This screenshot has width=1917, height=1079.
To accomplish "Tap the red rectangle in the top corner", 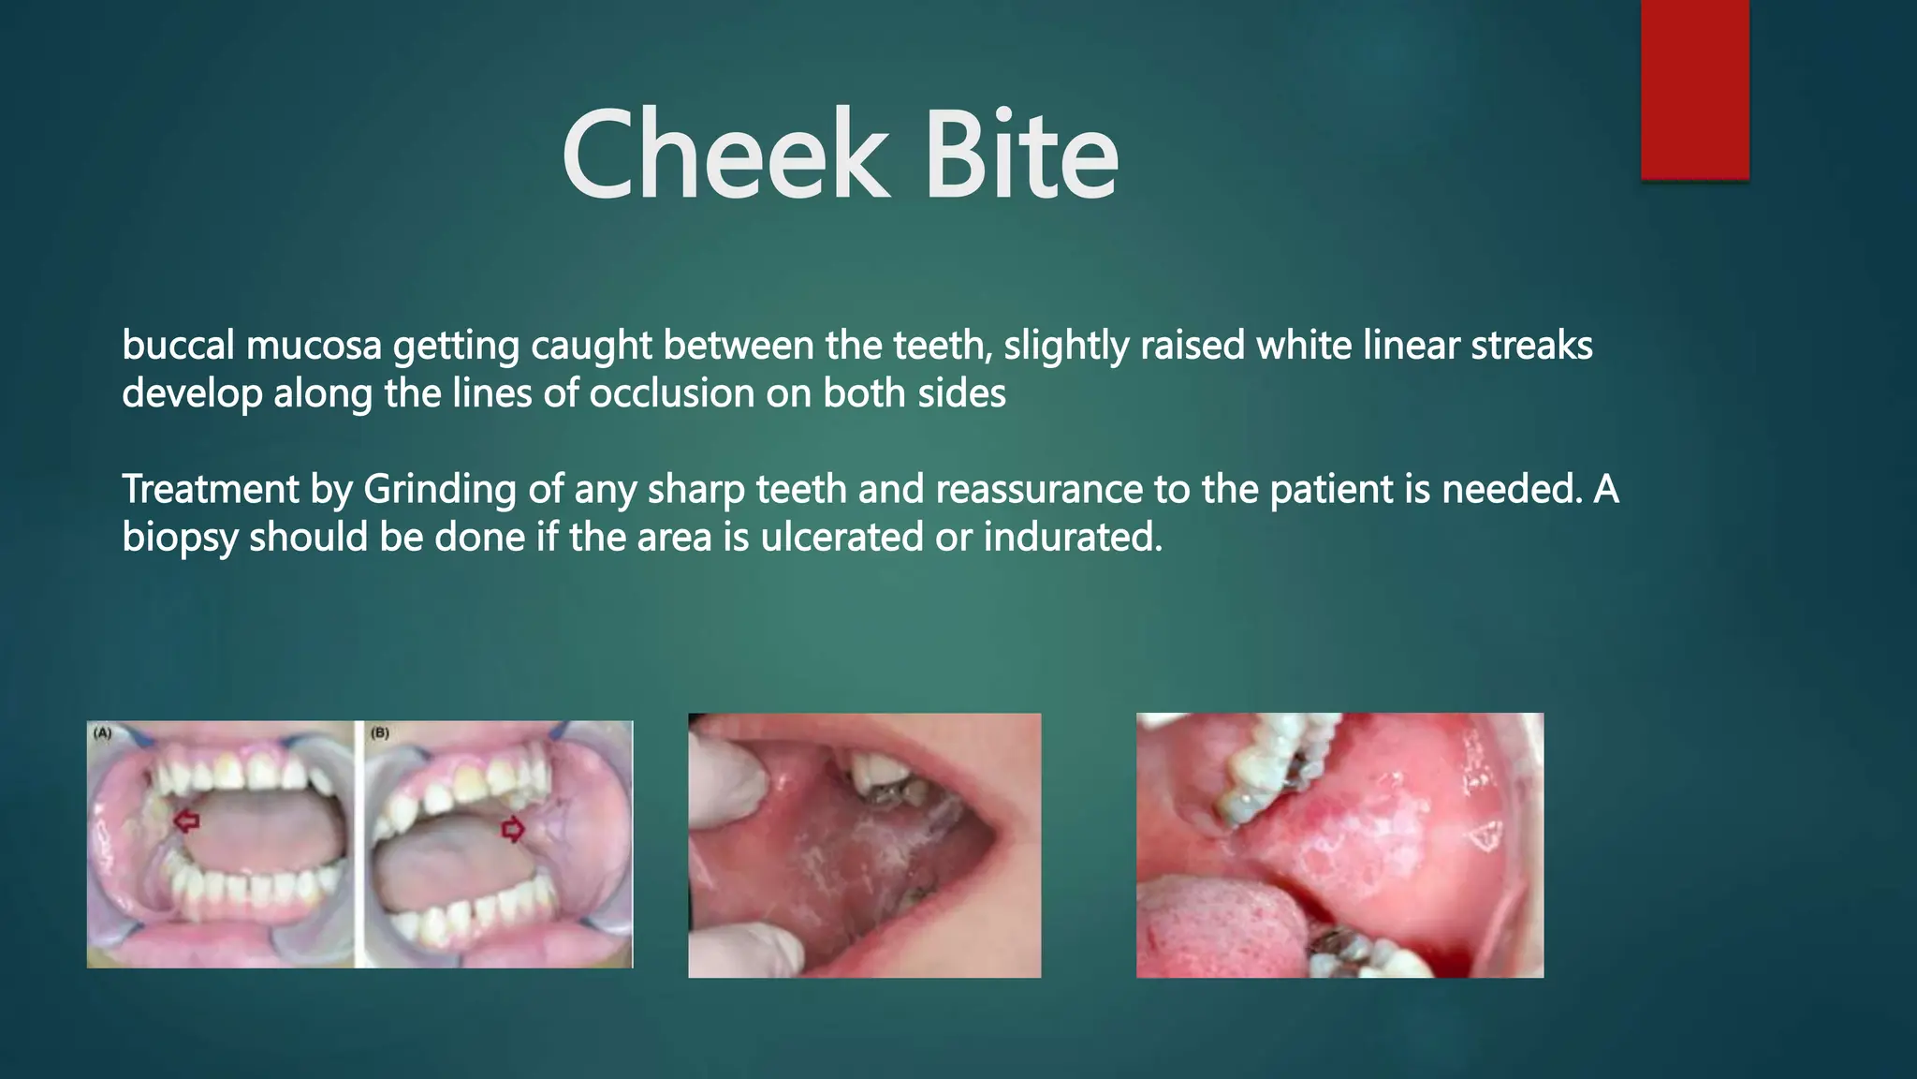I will [1694, 89].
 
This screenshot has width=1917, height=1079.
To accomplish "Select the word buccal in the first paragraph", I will [178, 346].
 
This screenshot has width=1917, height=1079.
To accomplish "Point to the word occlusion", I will [672, 393].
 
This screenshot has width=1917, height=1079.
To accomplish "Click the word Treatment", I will [210, 490].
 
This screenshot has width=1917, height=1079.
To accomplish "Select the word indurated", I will [1073, 538].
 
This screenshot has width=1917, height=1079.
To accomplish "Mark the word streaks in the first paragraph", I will [1531, 346].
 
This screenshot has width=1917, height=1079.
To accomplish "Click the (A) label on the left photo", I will [102, 733].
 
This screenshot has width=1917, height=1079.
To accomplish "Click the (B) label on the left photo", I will [379, 733].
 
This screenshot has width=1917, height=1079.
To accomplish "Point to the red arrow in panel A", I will [186, 821].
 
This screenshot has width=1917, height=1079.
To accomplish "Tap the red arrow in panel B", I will [513, 828].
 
